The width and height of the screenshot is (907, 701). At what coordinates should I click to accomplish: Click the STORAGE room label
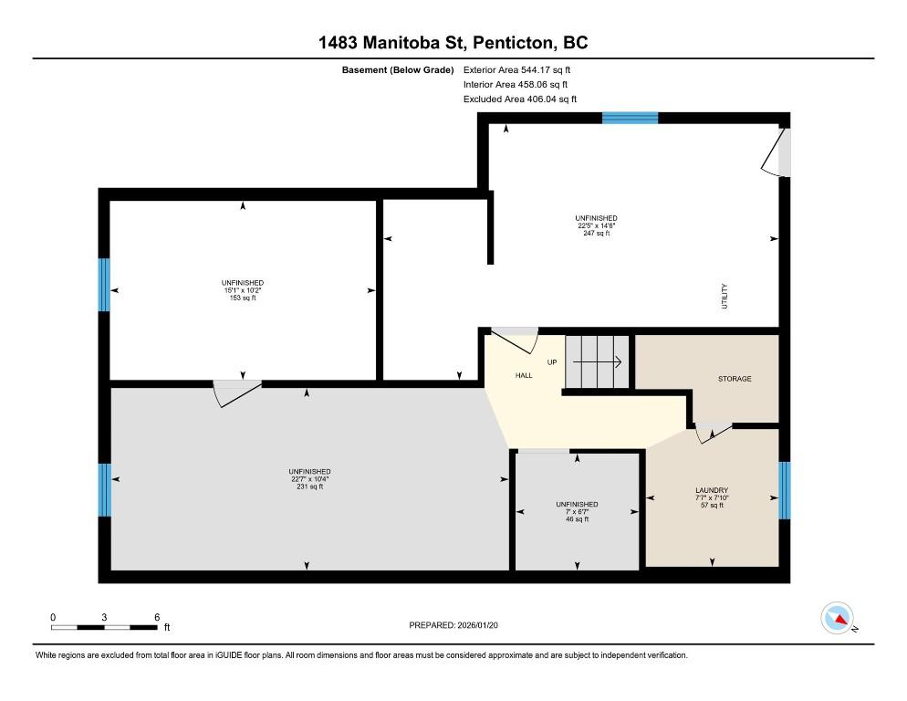coord(735,379)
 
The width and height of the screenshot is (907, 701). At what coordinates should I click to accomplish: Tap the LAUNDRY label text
coord(712,490)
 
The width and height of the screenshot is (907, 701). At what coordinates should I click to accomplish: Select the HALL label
coord(524,375)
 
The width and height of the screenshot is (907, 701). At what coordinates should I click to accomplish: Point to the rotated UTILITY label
coord(725,297)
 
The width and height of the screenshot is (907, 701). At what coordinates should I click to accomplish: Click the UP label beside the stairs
coord(552,362)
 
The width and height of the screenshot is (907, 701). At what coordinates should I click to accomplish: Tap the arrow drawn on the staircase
coord(597,362)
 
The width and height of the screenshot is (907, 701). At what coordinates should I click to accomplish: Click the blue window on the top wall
coord(630,118)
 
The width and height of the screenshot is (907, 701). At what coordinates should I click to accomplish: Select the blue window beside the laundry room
coord(785,490)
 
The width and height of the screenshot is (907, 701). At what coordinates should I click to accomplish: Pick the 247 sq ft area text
coord(597,234)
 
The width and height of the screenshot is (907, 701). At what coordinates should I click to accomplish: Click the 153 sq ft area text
coord(243,298)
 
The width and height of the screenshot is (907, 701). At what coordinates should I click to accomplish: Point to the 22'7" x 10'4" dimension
coord(309,479)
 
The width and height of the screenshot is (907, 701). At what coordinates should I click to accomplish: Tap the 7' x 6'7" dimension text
coord(577,512)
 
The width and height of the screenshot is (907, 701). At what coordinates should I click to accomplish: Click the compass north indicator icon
coord(838,618)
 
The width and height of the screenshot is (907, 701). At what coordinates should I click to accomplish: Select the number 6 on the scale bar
coord(157,617)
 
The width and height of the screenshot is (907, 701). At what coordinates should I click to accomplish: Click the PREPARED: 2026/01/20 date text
coord(453,625)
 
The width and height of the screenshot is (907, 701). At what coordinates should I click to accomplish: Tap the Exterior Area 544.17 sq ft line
coord(516,70)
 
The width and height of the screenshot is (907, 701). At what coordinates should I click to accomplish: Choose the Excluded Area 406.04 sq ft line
coord(520,99)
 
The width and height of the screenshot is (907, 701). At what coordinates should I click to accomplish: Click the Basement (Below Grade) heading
coord(398,70)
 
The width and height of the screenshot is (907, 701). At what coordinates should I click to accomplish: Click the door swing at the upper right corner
coord(772,152)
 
